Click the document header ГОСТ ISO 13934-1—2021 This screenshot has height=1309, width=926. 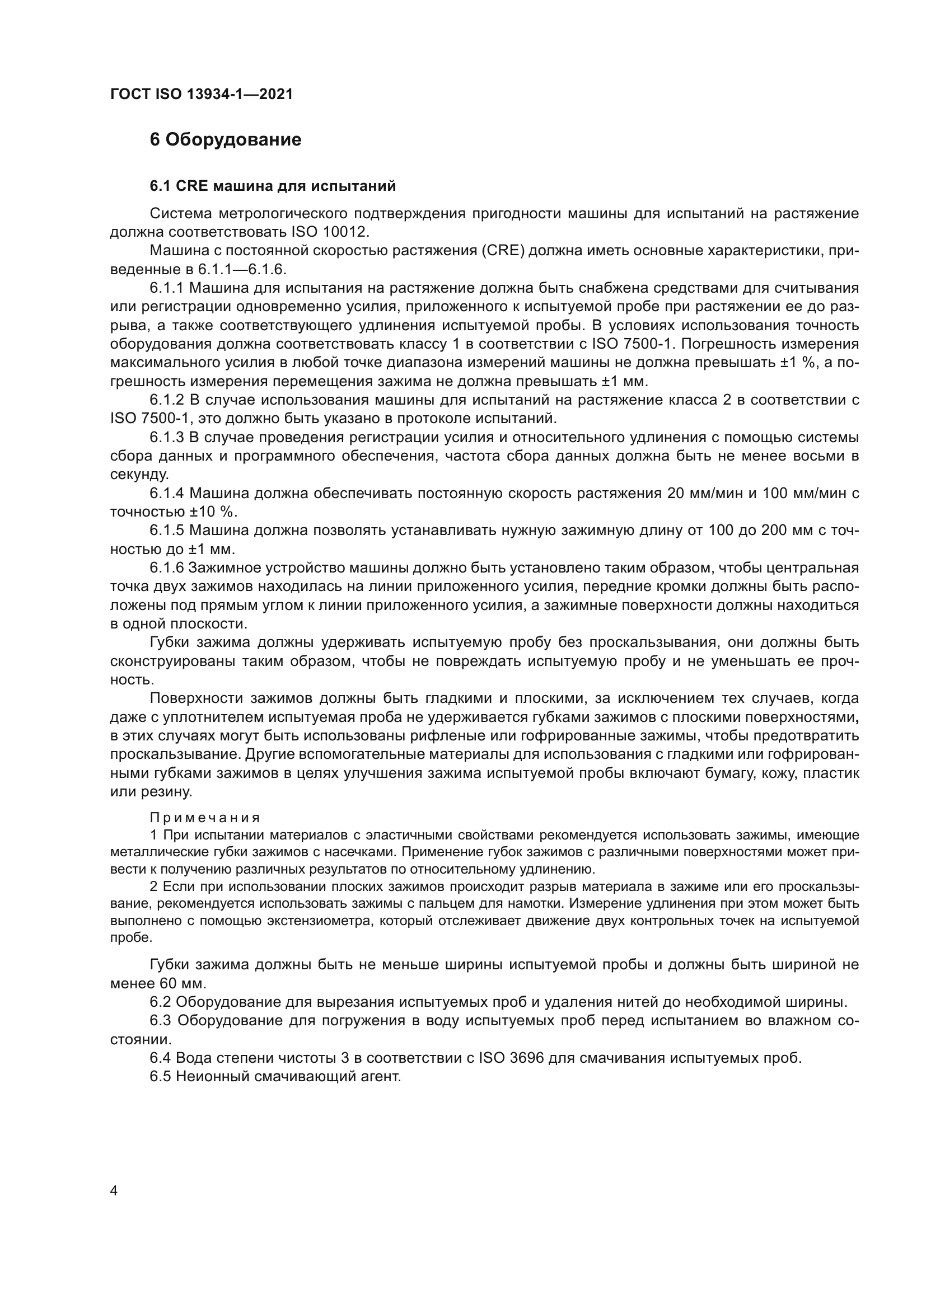202,95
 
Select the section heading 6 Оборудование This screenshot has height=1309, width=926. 225,140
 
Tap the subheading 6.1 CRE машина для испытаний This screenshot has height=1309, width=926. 273,186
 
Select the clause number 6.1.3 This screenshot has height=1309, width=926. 167,437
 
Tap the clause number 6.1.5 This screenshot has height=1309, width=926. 167,531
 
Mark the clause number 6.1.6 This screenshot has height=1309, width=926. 167,568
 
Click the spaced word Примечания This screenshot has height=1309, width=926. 205,818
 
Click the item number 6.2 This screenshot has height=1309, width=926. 160,1002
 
